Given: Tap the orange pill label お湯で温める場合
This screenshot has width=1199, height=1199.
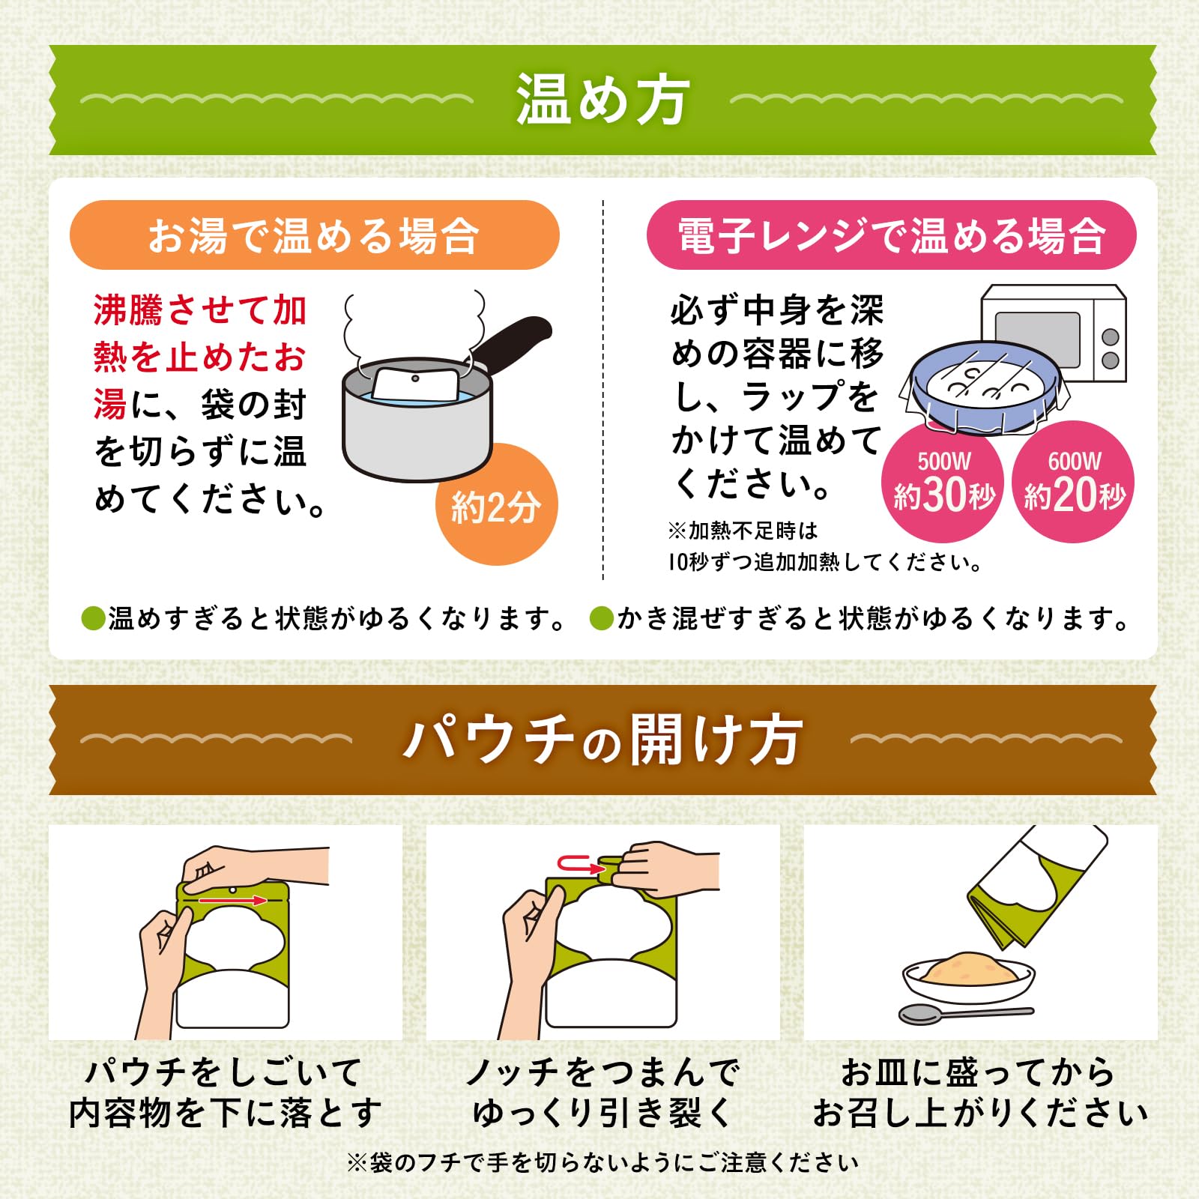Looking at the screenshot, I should [x=314, y=235].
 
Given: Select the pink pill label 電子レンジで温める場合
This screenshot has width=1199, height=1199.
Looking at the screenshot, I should [x=891, y=235].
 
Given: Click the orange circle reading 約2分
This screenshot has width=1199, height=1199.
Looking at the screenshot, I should [x=496, y=507].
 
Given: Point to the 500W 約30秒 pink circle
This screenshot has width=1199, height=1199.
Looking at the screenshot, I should [x=943, y=483].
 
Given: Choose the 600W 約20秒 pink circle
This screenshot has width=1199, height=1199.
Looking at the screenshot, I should [x=1074, y=483].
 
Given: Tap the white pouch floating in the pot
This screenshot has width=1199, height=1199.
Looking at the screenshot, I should [x=415, y=384].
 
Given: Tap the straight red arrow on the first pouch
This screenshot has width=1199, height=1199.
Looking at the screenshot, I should [x=233, y=899].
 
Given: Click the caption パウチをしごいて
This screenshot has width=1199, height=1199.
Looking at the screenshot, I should [x=224, y=1072].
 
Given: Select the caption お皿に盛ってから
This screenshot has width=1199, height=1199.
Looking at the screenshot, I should [x=978, y=1072].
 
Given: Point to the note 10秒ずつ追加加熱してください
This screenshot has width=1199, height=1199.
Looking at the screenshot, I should [x=824, y=562].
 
